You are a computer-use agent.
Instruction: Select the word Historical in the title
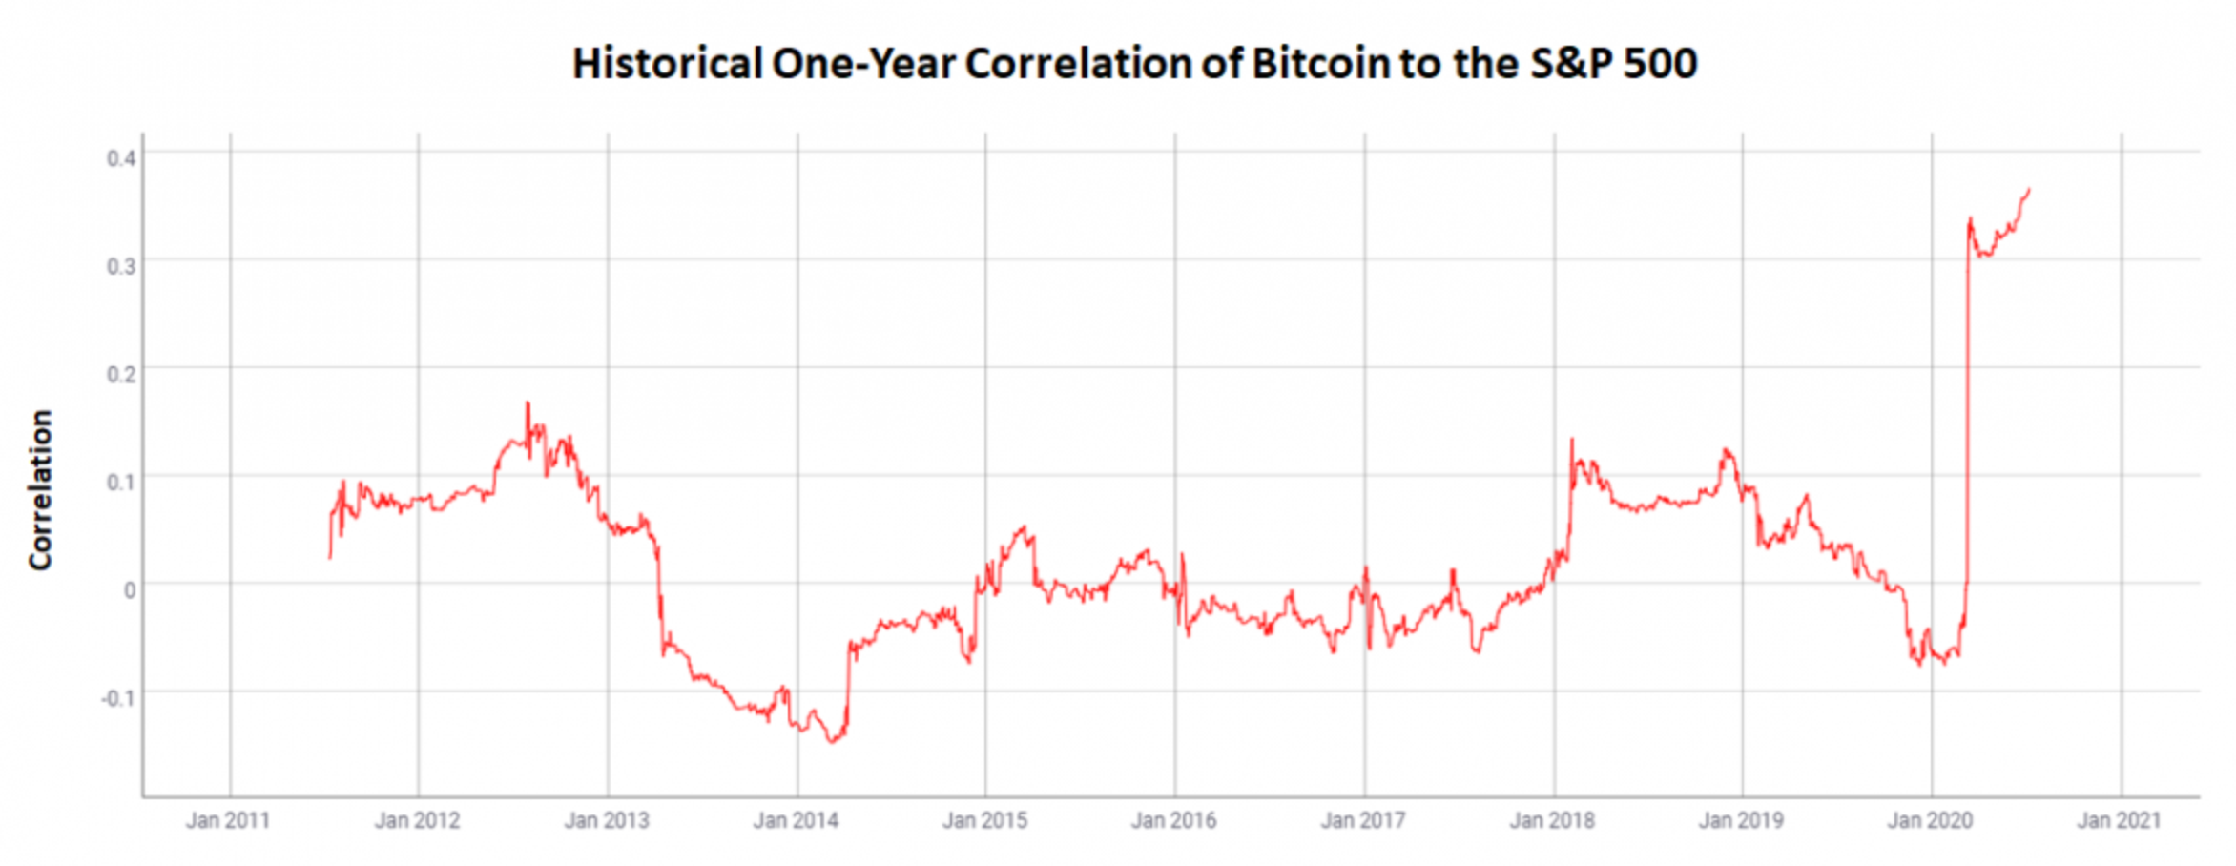[667, 64]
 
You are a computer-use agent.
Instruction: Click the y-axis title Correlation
[40, 490]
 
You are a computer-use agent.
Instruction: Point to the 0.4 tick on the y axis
[121, 157]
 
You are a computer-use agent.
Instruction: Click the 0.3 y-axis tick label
[121, 266]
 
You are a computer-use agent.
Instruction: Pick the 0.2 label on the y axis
[121, 374]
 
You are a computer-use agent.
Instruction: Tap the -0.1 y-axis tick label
[118, 698]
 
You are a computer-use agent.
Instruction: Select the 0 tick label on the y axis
[130, 590]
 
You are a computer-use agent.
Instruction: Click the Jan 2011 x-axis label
[228, 821]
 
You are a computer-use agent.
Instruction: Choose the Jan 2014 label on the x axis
[796, 821]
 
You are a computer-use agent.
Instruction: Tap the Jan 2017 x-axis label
[1362, 821]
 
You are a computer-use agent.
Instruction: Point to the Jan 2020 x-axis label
[1930, 821]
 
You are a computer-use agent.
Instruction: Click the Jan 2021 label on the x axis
[2119, 821]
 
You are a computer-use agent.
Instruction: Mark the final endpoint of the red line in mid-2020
[2029, 190]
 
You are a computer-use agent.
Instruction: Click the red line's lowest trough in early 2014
[832, 742]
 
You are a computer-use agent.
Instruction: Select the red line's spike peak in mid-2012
[528, 403]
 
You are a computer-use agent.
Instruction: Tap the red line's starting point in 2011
[330, 557]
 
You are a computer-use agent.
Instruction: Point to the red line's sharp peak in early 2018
[1572, 440]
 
